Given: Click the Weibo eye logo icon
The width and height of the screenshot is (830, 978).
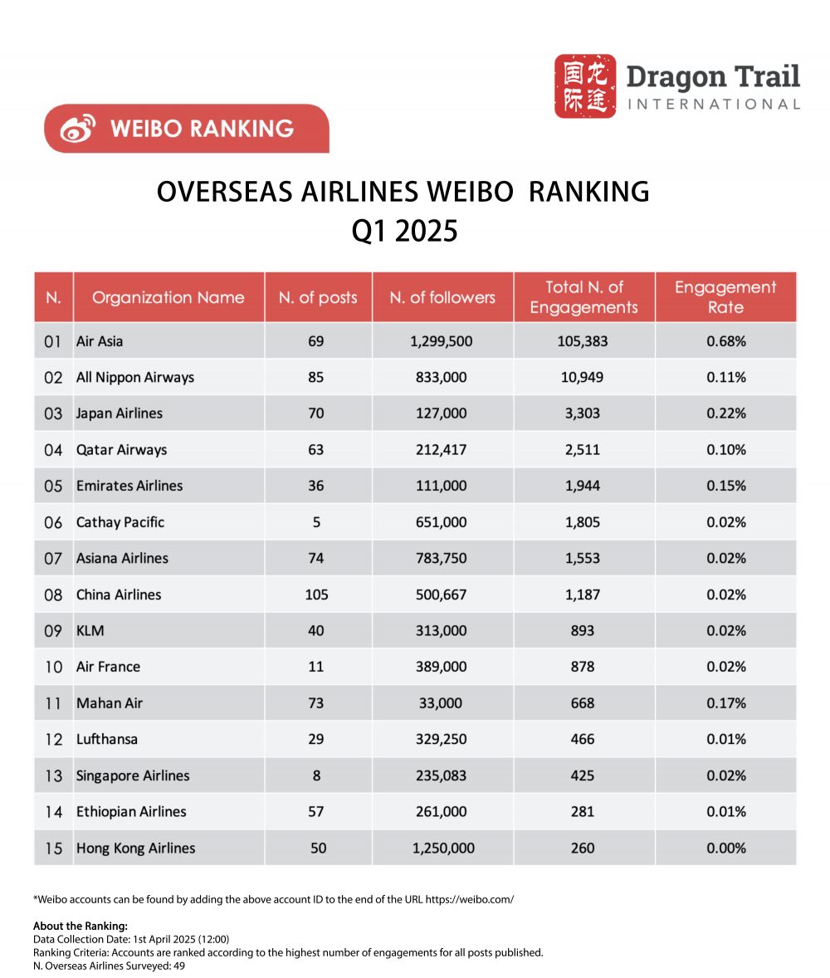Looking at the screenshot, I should point(78,129).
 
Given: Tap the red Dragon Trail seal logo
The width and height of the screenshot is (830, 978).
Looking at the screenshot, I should point(585,86).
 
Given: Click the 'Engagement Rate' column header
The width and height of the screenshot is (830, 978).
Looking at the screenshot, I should point(725,297).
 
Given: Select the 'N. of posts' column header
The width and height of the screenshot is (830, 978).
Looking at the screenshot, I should point(318,297).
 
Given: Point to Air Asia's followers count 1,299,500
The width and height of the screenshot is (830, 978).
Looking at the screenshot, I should point(442,341).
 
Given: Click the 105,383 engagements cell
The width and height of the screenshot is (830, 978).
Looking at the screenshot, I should point(583,341).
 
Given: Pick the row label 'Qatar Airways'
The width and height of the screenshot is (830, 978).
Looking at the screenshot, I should point(121,450).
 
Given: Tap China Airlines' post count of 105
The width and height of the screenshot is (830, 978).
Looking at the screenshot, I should point(316,594).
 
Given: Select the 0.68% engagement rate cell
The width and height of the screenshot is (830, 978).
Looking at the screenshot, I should point(725,341).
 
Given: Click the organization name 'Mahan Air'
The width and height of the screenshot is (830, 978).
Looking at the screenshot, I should point(110,703).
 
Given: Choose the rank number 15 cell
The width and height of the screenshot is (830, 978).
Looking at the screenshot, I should point(53,848).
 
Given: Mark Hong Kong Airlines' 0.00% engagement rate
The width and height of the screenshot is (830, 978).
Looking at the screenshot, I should point(725,848).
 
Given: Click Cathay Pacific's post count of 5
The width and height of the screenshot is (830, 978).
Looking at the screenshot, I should point(316,522).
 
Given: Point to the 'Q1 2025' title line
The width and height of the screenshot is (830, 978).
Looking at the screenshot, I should point(404,230).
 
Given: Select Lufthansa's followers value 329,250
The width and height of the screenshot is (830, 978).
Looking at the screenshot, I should point(442,739).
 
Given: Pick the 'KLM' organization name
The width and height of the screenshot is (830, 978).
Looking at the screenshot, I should point(90,631).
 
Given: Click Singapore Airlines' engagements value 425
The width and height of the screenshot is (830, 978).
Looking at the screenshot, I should point(583,775).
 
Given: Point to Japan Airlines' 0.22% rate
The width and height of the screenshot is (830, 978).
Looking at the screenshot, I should point(725,413).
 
